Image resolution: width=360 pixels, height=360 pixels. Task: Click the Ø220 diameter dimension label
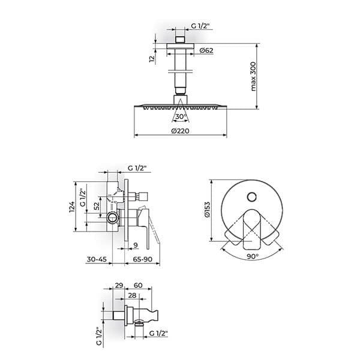tap(180, 131)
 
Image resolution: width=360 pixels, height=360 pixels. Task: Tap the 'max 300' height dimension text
tap(253, 76)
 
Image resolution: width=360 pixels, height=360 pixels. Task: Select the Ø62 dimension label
tap(206, 50)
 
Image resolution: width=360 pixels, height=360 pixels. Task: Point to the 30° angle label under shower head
tap(181, 116)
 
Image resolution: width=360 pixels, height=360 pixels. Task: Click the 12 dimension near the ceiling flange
tap(152, 59)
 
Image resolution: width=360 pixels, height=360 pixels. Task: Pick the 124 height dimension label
tap(72, 206)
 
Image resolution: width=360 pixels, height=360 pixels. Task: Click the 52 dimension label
tap(97, 206)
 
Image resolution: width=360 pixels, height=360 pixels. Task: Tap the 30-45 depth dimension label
tap(97, 259)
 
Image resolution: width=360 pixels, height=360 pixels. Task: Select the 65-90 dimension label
tap(143, 259)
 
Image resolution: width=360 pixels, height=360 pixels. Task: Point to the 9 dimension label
tap(136, 245)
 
